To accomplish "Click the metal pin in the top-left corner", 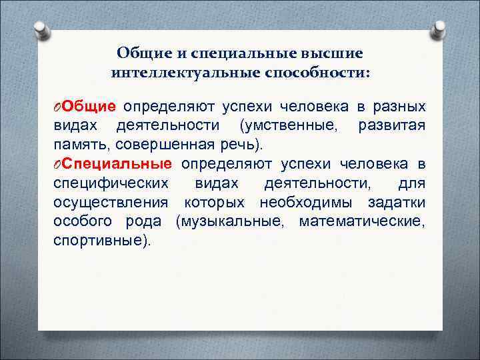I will (41, 30).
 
